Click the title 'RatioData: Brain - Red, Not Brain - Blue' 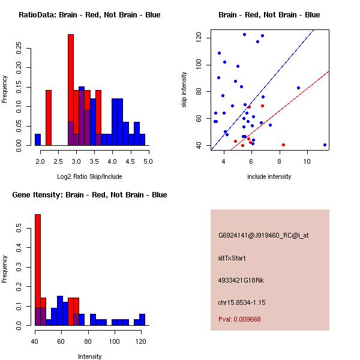tap(89, 15)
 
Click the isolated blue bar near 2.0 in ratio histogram tap(38, 139)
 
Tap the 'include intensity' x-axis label tap(269, 177)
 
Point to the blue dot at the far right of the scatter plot tap(325, 145)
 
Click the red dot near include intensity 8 tap(283, 145)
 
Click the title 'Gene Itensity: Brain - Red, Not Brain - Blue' tap(89, 195)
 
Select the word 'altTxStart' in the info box tap(232, 258)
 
